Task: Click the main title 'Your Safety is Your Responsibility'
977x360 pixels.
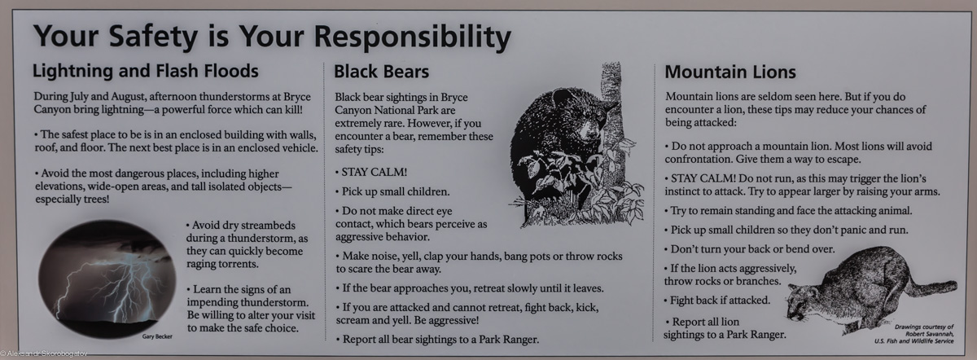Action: pyautogui.click(x=272, y=36)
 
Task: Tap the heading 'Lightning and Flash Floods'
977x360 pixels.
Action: pyautogui.click(x=146, y=71)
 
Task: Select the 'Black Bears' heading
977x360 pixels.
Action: pyautogui.click(x=382, y=72)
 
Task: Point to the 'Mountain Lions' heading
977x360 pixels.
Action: pyautogui.click(x=730, y=72)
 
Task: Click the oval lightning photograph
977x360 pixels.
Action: pyautogui.click(x=107, y=279)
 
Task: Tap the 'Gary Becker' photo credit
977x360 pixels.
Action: pyautogui.click(x=157, y=336)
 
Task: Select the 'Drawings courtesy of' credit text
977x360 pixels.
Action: pyautogui.click(x=924, y=327)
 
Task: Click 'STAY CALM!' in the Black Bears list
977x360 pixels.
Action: pyautogui.click(x=374, y=172)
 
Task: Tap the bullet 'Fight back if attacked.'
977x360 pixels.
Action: pyautogui.click(x=717, y=301)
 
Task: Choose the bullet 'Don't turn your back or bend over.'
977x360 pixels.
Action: pyautogui.click(x=750, y=249)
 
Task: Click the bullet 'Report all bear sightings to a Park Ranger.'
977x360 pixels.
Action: pyautogui.click(x=437, y=340)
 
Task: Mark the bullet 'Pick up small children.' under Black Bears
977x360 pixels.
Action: pyautogui.click(x=392, y=191)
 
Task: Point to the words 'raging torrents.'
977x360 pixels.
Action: pyautogui.click(x=222, y=264)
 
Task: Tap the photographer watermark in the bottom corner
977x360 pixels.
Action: pyautogui.click(x=44, y=353)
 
